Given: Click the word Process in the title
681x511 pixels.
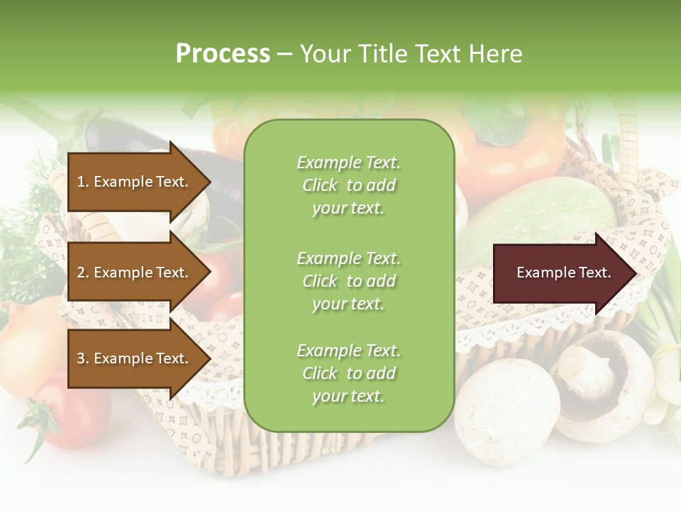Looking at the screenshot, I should [x=223, y=54].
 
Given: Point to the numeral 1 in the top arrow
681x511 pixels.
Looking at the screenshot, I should [x=80, y=182].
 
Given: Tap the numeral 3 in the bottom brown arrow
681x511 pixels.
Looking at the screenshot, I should [x=81, y=358].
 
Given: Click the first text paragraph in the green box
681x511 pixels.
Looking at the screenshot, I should [x=348, y=185].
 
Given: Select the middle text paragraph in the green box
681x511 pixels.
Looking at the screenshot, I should [x=348, y=280].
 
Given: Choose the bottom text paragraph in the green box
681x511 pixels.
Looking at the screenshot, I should [x=348, y=373].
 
